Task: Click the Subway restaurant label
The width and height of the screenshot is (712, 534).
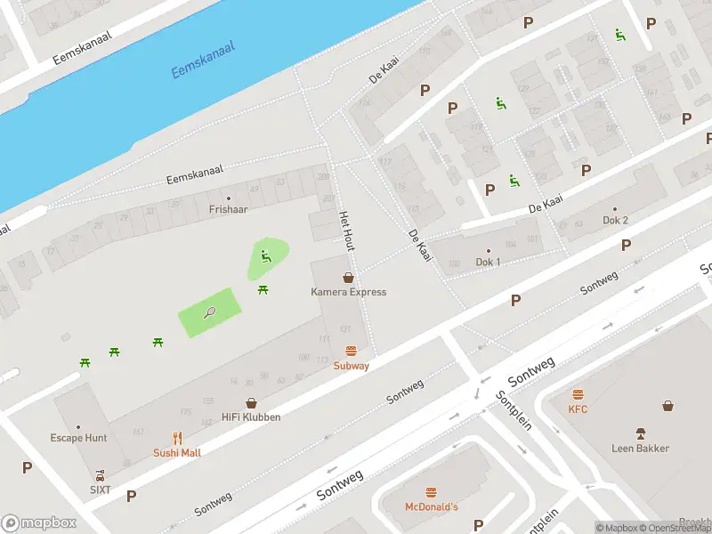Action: click(351, 366)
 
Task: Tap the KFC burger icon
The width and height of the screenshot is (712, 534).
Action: click(578, 394)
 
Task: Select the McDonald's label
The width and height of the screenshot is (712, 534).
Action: click(432, 506)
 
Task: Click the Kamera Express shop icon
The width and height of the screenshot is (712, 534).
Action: click(348, 278)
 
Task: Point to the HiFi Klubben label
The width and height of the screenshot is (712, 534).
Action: click(251, 417)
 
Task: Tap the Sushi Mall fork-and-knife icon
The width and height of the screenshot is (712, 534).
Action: click(177, 438)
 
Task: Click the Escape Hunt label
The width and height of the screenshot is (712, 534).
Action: click(78, 438)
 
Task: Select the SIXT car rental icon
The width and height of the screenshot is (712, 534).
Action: click(100, 474)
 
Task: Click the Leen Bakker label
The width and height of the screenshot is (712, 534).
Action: click(640, 448)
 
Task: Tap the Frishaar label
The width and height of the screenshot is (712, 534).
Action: click(228, 210)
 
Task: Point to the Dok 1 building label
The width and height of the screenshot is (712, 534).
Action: click(488, 262)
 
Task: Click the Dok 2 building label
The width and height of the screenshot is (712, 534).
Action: click(615, 220)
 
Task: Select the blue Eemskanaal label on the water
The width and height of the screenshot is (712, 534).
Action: click(203, 59)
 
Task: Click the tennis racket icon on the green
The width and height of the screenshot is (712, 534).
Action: click(210, 311)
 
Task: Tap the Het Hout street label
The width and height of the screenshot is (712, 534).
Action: click(346, 231)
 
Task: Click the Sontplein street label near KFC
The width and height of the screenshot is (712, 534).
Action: click(514, 410)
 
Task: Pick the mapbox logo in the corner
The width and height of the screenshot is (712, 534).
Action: click(39, 523)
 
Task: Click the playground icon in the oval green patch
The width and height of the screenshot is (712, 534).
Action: click(265, 257)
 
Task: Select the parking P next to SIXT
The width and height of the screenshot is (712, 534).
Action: click(132, 496)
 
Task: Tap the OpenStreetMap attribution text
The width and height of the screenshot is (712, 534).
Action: click(675, 528)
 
